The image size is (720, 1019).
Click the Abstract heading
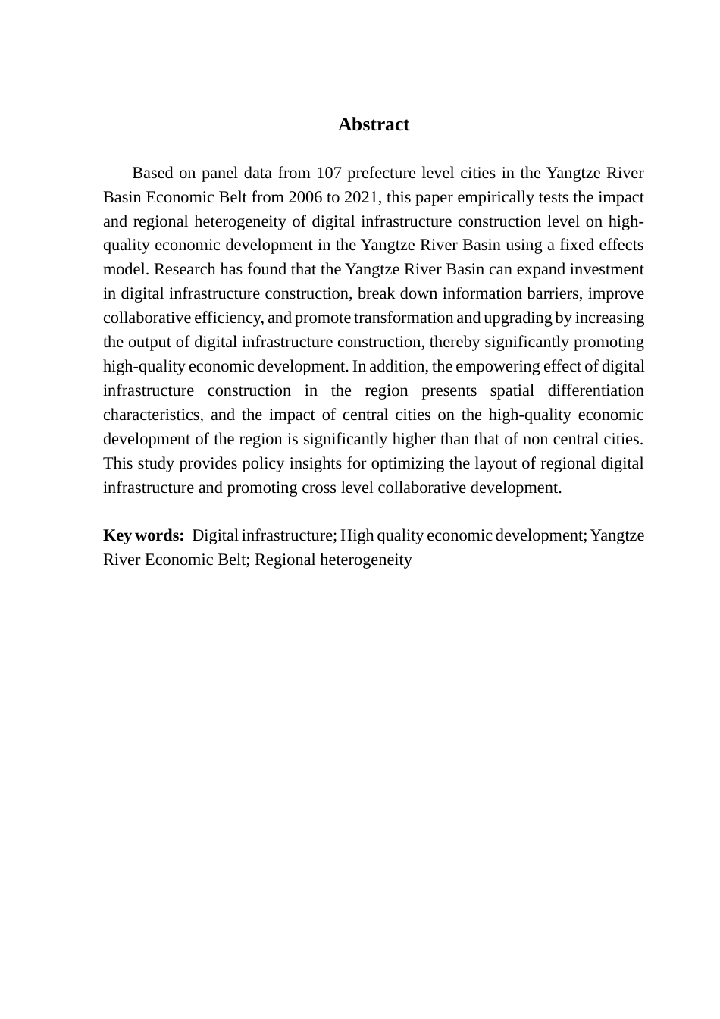[x=373, y=124]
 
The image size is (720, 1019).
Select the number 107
[x=329, y=173]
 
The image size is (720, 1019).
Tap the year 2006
[x=304, y=197]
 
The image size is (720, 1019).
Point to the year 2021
[x=362, y=197]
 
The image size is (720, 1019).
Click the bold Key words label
[x=143, y=535]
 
